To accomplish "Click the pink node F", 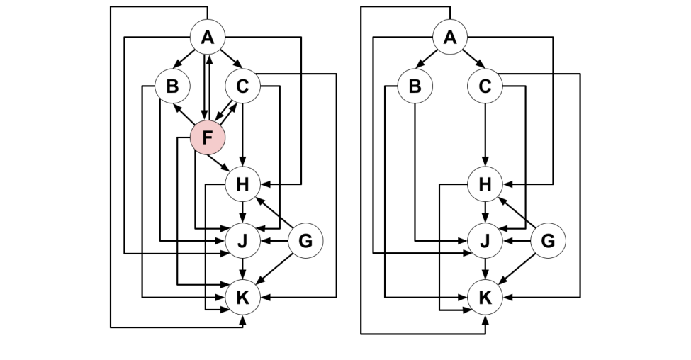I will (207, 137).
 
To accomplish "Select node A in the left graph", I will (207, 37).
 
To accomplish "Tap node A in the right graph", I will (449, 37).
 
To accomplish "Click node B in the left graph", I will (172, 86).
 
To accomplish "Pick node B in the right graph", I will (415, 86).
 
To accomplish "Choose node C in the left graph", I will (242, 86).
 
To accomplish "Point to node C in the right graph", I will (485, 86).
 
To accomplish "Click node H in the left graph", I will (242, 185).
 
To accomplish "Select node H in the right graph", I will (485, 185).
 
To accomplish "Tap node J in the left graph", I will (242, 241).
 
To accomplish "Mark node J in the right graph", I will (485, 241).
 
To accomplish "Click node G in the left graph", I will (305, 241).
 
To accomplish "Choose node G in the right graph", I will (548, 241).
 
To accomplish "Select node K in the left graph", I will (242, 298).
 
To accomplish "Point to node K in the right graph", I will (485, 298).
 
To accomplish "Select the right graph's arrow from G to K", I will (517, 269).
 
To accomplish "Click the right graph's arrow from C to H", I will (485, 135).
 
